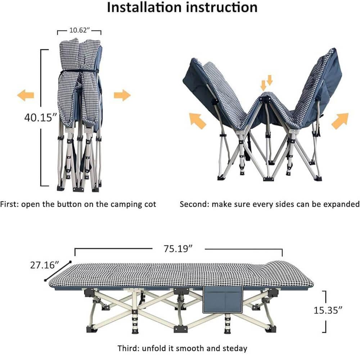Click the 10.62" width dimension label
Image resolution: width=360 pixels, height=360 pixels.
pyautogui.click(x=79, y=30)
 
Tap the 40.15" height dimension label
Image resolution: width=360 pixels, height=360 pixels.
pyautogui.click(x=40, y=118)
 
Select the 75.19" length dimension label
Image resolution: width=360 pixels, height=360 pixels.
pyautogui.click(x=178, y=248)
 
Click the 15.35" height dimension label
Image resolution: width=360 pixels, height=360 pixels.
pyautogui.click(x=328, y=310)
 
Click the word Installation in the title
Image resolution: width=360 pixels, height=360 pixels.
pyautogui.click(x=144, y=7)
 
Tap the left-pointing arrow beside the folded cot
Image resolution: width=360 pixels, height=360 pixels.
pyautogui.click(x=26, y=95)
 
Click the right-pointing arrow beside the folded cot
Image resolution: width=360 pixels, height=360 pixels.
pyautogui.click(x=122, y=95)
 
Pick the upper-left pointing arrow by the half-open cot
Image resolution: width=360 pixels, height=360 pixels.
pyautogui.click(x=198, y=121)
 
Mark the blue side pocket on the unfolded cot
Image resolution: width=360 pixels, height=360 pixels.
pyautogui.click(x=222, y=300)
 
